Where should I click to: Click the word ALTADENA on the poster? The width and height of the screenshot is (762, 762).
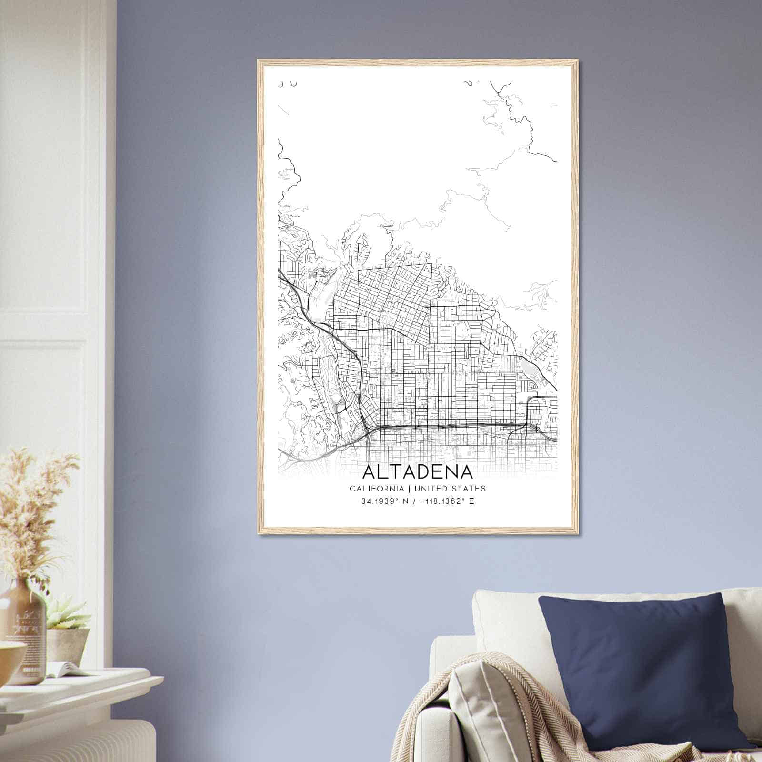point(418,471)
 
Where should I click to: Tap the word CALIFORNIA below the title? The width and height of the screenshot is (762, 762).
point(377,489)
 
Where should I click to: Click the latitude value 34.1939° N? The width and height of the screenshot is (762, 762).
point(382,501)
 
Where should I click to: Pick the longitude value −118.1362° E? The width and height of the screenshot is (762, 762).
point(445,501)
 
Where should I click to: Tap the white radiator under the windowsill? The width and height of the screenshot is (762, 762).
point(76,738)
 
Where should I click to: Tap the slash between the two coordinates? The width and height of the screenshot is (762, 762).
point(412,501)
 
